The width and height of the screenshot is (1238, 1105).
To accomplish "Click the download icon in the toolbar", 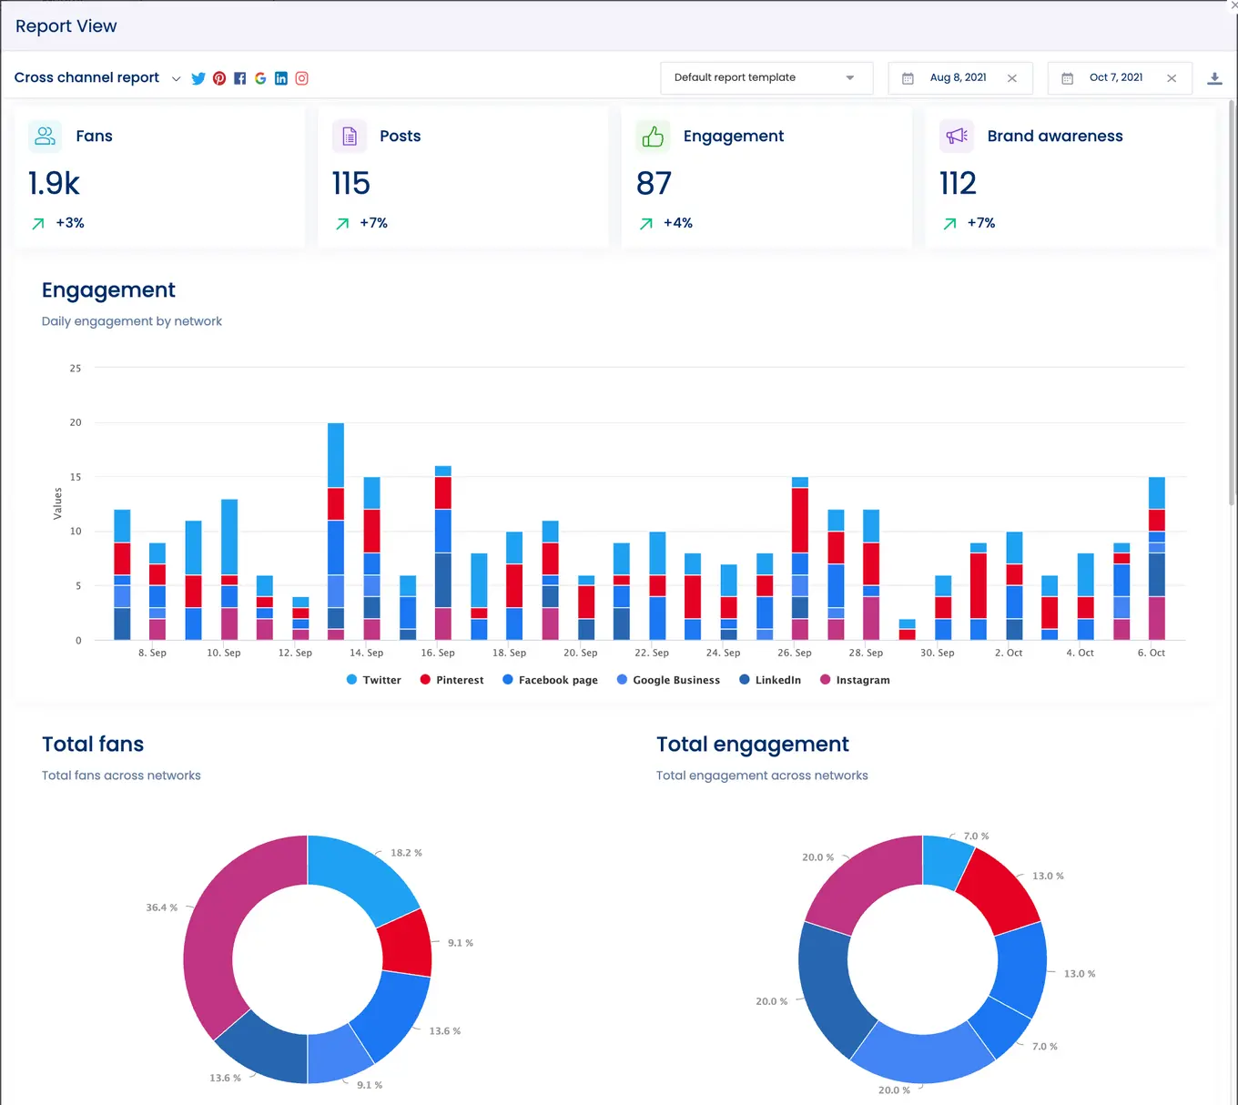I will tap(1214, 78).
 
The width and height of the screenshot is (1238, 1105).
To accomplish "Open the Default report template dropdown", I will tap(766, 78).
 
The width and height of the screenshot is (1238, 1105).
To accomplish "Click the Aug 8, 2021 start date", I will tap(958, 78).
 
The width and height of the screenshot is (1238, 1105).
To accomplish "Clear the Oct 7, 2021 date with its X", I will tap(1172, 78).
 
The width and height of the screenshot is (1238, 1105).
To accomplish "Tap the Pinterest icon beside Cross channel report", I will tap(219, 78).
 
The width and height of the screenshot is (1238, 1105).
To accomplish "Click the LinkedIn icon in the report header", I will tap(281, 78).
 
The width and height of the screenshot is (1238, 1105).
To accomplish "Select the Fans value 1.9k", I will tap(54, 184).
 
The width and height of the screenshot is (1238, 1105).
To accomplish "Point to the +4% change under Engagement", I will tap(677, 223).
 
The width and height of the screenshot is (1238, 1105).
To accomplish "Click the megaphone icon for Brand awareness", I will tap(956, 137).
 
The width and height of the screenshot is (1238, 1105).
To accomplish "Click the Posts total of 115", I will tap(350, 184).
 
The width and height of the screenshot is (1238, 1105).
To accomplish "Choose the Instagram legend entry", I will tap(855, 680).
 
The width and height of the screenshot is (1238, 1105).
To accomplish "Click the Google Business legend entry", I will tap(668, 680).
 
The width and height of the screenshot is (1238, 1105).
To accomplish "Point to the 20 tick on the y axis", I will tap(76, 422).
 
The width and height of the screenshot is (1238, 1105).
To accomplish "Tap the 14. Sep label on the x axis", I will tap(366, 653).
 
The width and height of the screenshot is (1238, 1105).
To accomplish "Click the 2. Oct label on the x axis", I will tap(1009, 653).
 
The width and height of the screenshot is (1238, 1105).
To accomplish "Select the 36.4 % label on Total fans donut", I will tap(161, 907).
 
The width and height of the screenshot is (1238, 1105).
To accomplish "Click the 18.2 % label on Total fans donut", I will tap(406, 853).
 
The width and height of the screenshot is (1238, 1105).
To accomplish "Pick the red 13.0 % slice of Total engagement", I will tap(1000, 888).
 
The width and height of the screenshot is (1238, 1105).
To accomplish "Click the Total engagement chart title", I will tap(752, 745).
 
